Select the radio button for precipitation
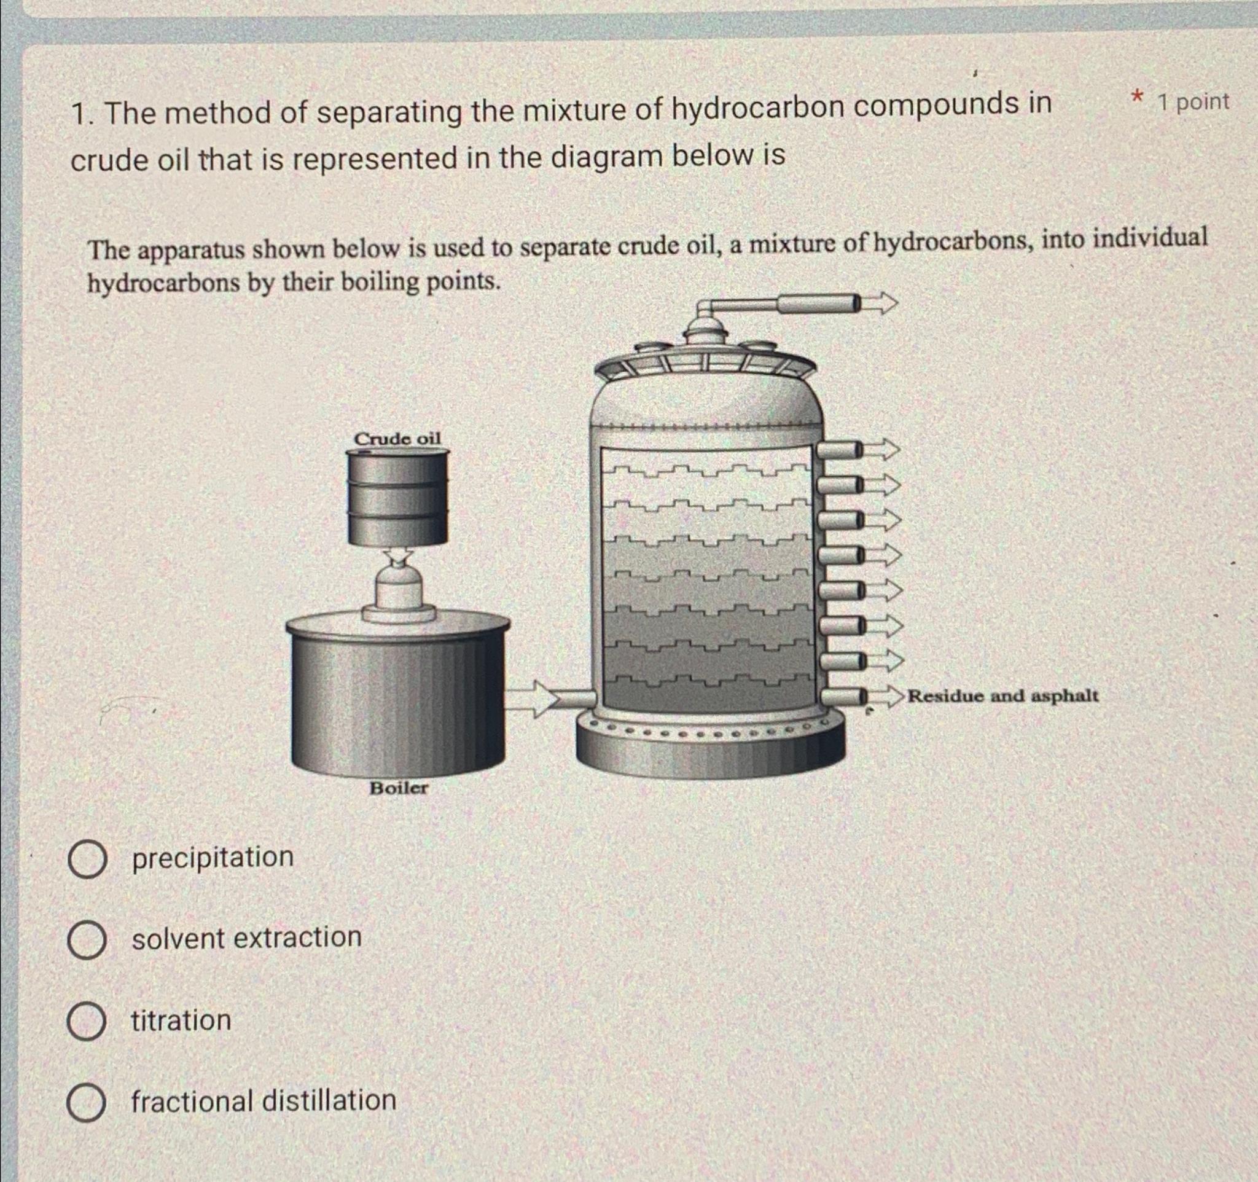pos(87,859)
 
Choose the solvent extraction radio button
pos(87,941)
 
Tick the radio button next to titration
pos(87,1020)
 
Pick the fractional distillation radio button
pos(87,1102)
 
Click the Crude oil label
pos(397,439)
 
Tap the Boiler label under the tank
pos(399,788)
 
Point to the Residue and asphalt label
pos(1003,696)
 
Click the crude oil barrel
pos(397,497)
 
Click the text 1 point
pos(1194,102)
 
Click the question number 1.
pos(79,114)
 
